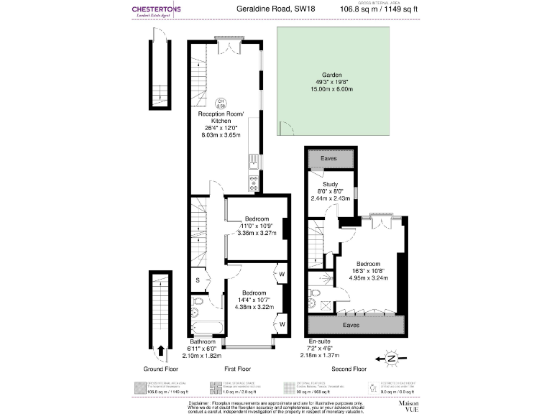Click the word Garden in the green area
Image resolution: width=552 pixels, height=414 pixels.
pos(331,75)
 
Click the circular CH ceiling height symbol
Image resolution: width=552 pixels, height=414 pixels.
pos(222,102)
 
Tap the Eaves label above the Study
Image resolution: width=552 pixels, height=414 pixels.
pos(329,157)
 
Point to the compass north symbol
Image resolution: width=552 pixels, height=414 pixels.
pos(391,357)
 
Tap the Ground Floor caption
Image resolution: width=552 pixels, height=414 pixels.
pos(161,369)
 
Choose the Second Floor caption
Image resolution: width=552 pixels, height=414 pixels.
pos(349,369)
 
